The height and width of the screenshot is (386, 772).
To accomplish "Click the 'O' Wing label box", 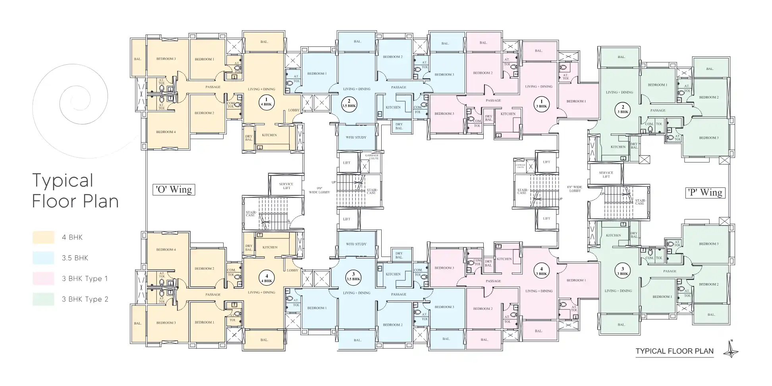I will point(174,189).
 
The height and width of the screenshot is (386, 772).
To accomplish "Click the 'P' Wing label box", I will point(705,193).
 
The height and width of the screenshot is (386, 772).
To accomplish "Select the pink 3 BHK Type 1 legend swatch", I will point(43,278).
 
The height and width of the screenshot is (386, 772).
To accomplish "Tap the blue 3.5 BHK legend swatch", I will point(43,258).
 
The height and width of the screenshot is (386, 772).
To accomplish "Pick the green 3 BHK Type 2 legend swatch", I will point(43,299).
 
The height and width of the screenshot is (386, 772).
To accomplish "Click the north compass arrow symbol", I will point(731,350).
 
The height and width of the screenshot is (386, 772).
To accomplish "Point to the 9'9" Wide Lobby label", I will point(319,190).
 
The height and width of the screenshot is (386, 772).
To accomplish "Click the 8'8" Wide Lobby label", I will point(575,189).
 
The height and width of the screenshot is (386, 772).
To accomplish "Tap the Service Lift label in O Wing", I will point(286,186).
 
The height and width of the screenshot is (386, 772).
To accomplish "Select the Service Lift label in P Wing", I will point(606,174).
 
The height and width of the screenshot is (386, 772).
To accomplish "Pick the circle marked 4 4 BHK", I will point(267,278).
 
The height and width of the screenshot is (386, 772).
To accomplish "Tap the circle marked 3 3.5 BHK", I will point(353,276).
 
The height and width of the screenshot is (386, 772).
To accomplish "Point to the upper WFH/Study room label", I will point(356,137).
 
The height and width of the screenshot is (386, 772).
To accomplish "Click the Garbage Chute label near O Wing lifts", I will point(372,157).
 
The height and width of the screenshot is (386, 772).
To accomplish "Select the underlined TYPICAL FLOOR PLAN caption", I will point(674,351).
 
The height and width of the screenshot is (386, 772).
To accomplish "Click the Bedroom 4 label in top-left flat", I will point(166,132).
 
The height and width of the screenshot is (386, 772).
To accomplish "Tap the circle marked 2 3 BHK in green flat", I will point(623,109).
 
